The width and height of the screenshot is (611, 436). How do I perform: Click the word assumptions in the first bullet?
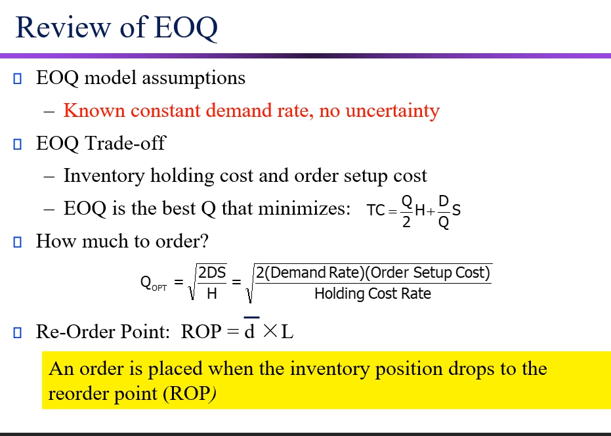[x=193, y=78]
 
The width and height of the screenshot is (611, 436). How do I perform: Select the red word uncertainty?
[x=392, y=111]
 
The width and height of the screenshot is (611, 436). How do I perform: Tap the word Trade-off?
[x=125, y=143]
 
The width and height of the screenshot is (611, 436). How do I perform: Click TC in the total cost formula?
[x=376, y=210]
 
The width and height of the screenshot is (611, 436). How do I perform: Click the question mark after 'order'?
[x=204, y=242]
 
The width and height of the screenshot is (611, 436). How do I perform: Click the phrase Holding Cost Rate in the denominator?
[x=372, y=294]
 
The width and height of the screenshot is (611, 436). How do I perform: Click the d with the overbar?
[x=249, y=332]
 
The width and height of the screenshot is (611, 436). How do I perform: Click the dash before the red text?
[x=49, y=112]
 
